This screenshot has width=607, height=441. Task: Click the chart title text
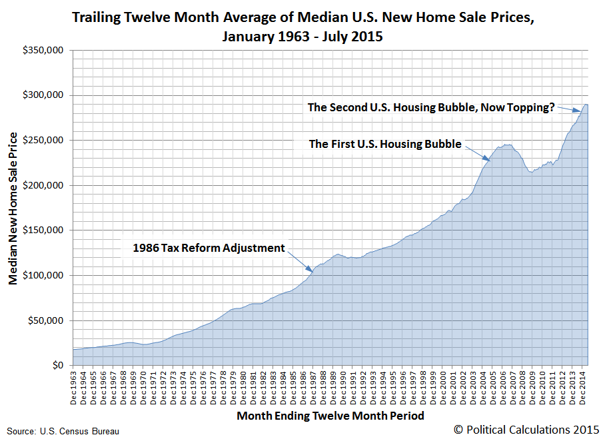coord(303,27)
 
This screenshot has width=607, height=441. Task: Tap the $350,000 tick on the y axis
coord(44,51)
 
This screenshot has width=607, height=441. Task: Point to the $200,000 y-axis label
coord(44,186)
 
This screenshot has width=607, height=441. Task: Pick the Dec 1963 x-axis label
coord(76,386)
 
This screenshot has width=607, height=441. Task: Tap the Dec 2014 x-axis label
coord(582,386)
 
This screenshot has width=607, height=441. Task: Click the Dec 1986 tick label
coord(304,386)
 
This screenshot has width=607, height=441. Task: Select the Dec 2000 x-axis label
coord(442,386)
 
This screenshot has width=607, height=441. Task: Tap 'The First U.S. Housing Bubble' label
coord(385,144)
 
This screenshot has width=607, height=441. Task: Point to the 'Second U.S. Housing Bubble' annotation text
coord(430,107)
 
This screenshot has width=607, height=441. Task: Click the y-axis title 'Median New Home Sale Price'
coord(13,208)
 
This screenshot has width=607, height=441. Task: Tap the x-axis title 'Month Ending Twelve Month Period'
coord(330,416)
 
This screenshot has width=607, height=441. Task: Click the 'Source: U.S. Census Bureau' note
coord(63,432)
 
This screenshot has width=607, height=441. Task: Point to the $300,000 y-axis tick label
coord(44,96)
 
